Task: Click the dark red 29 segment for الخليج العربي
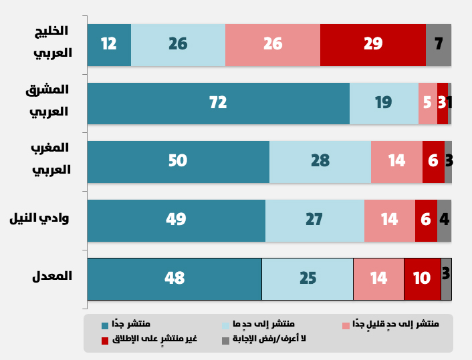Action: pyautogui.click(x=373, y=45)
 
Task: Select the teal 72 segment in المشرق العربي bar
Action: pyautogui.click(x=218, y=103)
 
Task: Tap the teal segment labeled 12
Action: pyautogui.click(x=109, y=45)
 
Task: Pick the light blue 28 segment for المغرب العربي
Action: pyautogui.click(x=320, y=161)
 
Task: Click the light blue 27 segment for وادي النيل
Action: pyautogui.click(x=314, y=220)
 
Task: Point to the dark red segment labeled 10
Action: pyautogui.click(x=422, y=279)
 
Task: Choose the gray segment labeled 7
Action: pyautogui.click(x=439, y=45)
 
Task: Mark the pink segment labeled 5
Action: pyautogui.click(x=428, y=103)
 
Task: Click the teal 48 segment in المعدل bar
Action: pyautogui.click(x=174, y=279)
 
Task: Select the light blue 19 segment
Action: pyautogui.click(x=384, y=103)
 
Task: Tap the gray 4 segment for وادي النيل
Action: pyautogui.click(x=444, y=220)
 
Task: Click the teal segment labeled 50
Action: pyautogui.click(x=178, y=161)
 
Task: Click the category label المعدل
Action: pyautogui.click(x=52, y=277)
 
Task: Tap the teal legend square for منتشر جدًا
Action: pyautogui.click(x=104, y=325)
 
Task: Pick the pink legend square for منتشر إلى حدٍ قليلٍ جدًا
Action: pyautogui.click(x=346, y=325)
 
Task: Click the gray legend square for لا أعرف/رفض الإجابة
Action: pyautogui.click(x=225, y=340)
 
